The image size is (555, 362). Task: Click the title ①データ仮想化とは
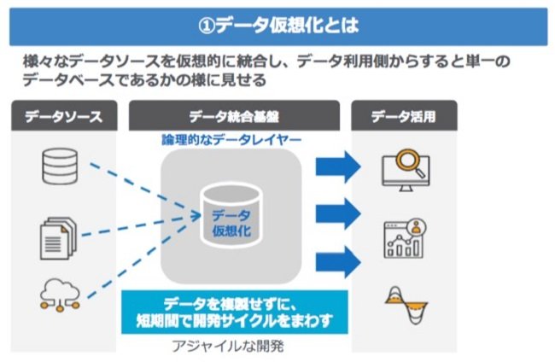[x=278, y=26]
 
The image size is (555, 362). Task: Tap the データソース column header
[x=64, y=116]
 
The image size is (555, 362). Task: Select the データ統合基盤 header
[x=234, y=116]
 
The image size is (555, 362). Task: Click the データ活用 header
[x=404, y=116]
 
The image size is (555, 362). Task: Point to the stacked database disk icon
[x=60, y=166]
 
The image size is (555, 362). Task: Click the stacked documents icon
[x=58, y=238]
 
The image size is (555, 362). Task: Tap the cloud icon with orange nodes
[x=60, y=295]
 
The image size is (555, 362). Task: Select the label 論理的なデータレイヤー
[x=231, y=140]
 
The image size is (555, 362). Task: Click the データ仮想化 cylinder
[x=231, y=215]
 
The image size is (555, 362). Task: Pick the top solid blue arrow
[x=338, y=166]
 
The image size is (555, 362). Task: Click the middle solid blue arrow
[x=338, y=213]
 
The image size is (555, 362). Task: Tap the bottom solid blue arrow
[x=338, y=262]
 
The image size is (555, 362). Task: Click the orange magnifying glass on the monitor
[x=408, y=161]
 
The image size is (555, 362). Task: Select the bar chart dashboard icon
[x=405, y=238]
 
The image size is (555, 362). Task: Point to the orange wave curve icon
[x=406, y=305]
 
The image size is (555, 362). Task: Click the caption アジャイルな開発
[x=228, y=346]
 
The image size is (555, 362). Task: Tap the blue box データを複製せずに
[x=235, y=312]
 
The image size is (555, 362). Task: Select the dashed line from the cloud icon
[x=137, y=261]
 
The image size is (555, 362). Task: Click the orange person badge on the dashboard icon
[x=417, y=226]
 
